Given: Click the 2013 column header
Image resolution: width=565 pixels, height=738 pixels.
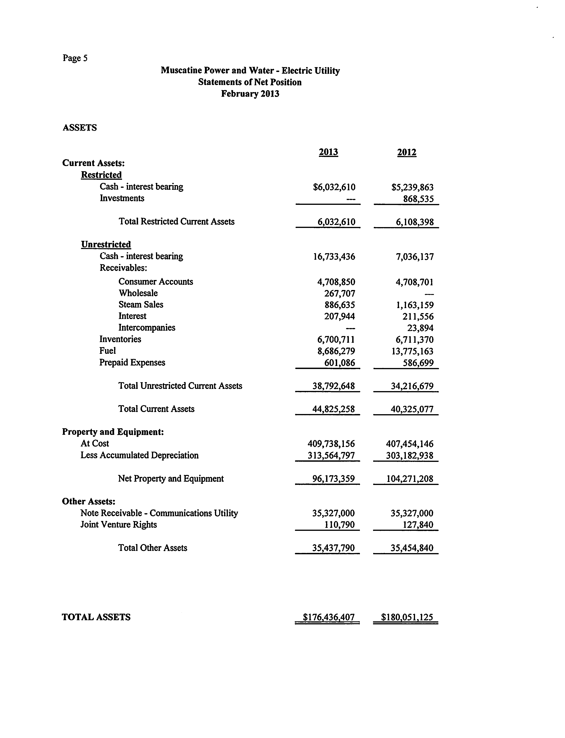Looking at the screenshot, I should pos(328,152).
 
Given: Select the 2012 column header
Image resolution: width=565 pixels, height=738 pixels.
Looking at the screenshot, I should pos(407,152).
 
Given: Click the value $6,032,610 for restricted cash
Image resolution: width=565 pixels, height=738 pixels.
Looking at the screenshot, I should pos(334,187).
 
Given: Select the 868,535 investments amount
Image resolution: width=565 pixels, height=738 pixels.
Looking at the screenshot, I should pos(418,199).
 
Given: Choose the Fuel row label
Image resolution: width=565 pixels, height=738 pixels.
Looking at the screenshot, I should pos(107,351).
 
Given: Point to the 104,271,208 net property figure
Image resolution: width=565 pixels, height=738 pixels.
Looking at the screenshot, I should pos(410,479).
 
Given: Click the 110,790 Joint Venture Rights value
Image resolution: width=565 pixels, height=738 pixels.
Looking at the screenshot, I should pos(339,525).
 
